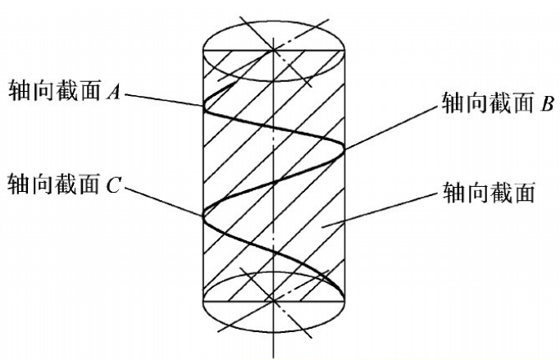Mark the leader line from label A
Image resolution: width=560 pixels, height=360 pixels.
(x=164, y=98)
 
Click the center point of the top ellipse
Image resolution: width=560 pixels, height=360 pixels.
(x=271, y=50)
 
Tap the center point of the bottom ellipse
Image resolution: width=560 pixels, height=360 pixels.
(x=271, y=300)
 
